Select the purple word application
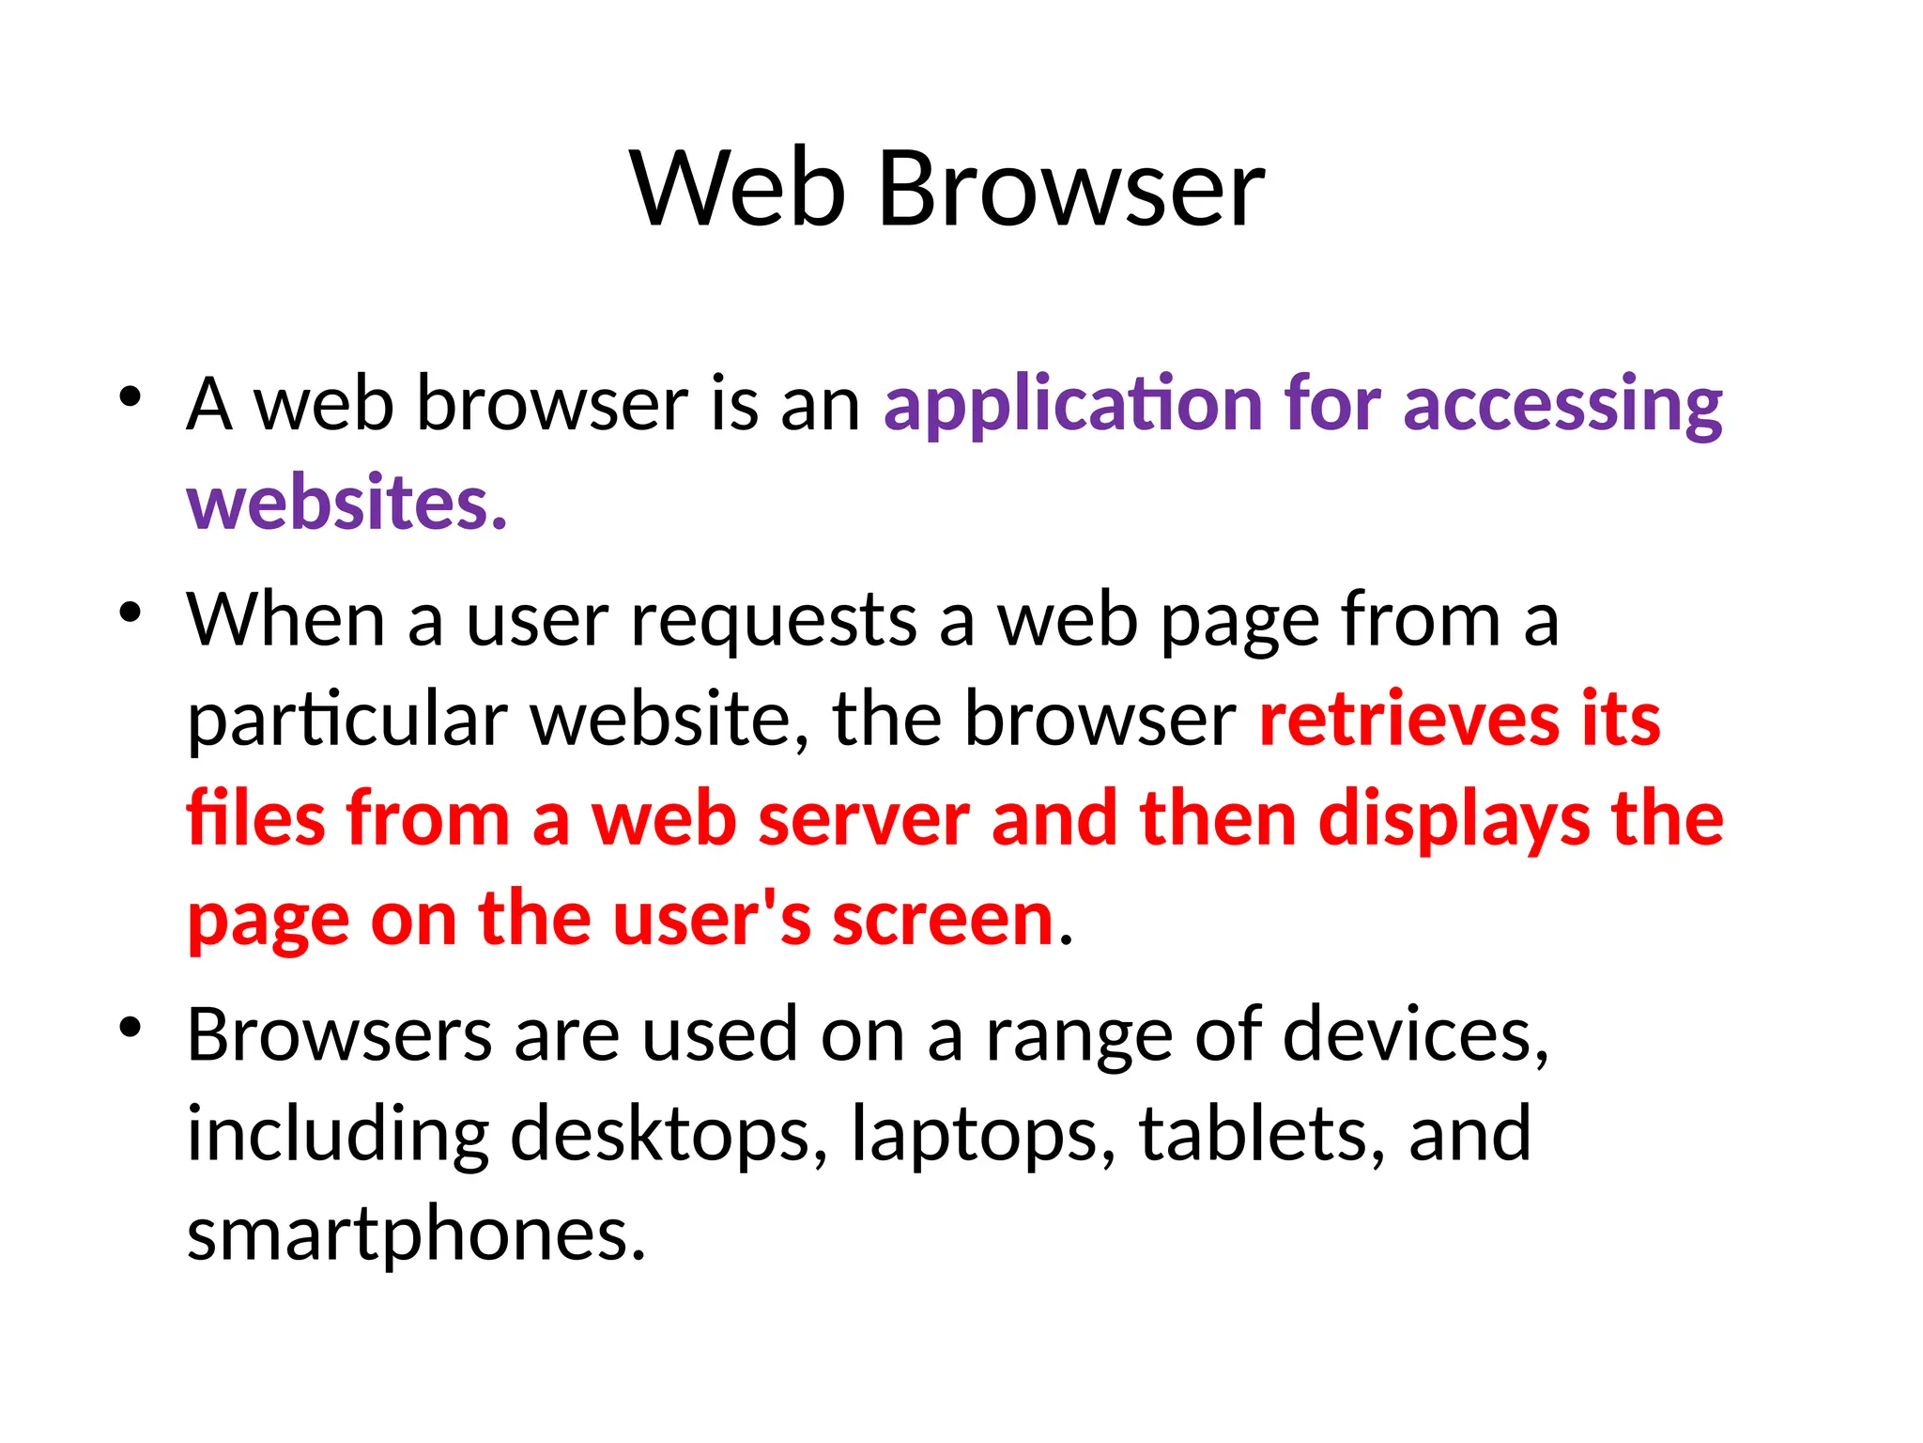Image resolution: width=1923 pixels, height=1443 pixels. coord(1072,406)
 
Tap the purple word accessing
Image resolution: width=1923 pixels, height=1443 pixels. coord(1562,406)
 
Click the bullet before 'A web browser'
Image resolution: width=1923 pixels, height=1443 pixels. coord(131,396)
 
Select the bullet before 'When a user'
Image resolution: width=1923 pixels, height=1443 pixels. coord(131,613)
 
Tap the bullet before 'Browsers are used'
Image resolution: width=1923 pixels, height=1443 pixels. coord(131,1027)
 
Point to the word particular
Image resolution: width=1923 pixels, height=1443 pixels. coord(347,721)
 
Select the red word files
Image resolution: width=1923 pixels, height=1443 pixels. coord(254,819)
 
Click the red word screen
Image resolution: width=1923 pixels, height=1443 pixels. coord(943,921)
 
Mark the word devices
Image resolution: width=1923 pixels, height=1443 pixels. coord(1416,1035)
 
